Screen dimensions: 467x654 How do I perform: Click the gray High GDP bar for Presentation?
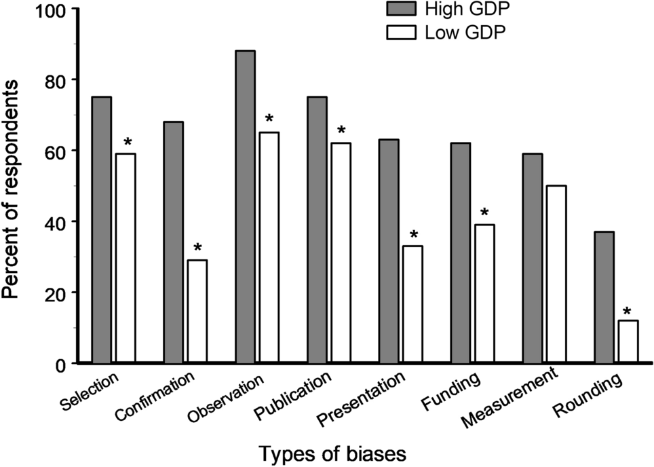coord(388,250)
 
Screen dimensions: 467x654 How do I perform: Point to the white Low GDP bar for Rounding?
coord(627,341)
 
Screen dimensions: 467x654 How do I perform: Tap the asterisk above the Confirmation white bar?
coord(197,248)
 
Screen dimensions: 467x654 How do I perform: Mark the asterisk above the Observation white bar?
coord(269,120)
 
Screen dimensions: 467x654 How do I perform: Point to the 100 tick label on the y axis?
coord(45,10)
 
